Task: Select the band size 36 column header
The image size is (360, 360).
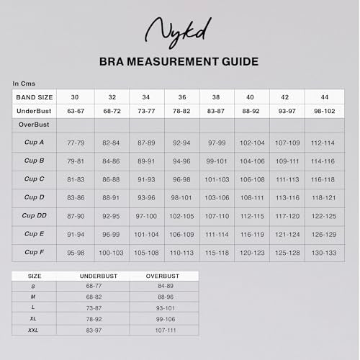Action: (181, 97)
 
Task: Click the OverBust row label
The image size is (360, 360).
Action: (33, 125)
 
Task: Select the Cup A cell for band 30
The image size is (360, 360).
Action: (75, 143)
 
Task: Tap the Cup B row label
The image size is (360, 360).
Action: (35, 161)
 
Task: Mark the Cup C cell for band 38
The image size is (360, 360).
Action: (217, 179)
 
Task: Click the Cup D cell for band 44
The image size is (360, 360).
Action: (323, 197)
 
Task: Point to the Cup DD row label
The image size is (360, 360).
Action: (35, 215)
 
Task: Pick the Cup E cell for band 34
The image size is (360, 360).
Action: (146, 234)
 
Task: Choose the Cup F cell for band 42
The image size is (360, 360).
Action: (287, 252)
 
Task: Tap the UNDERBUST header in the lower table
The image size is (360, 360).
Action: (94, 276)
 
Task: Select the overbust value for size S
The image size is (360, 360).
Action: (164, 286)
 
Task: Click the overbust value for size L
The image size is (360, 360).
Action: (164, 307)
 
